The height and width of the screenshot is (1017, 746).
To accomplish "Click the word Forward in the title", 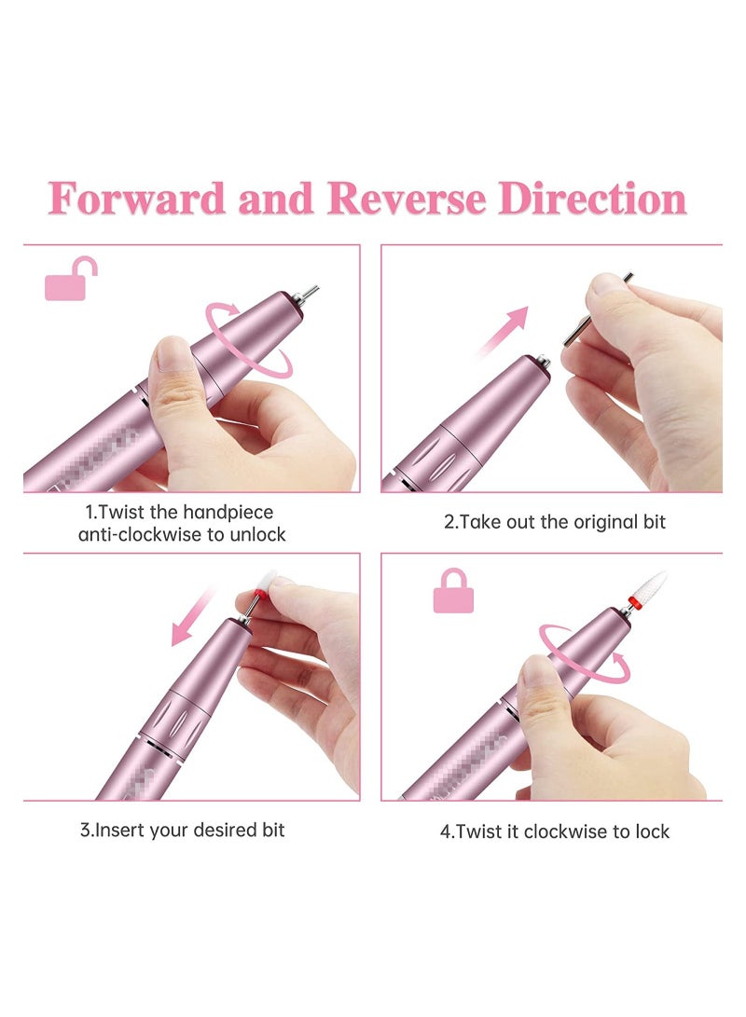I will pos(137,199).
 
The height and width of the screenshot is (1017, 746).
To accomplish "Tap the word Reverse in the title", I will pos(407,199).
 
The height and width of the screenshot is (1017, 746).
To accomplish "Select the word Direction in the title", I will pos(592,199).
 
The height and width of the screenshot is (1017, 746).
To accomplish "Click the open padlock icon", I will pos(71,279).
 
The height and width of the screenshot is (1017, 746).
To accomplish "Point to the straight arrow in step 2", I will pos(504,331).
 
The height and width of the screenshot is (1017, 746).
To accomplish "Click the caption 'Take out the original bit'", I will pos(554,522).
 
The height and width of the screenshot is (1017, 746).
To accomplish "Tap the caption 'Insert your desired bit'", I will pos(182,830).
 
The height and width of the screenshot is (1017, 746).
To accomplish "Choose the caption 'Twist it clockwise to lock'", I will pos(555,831).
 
